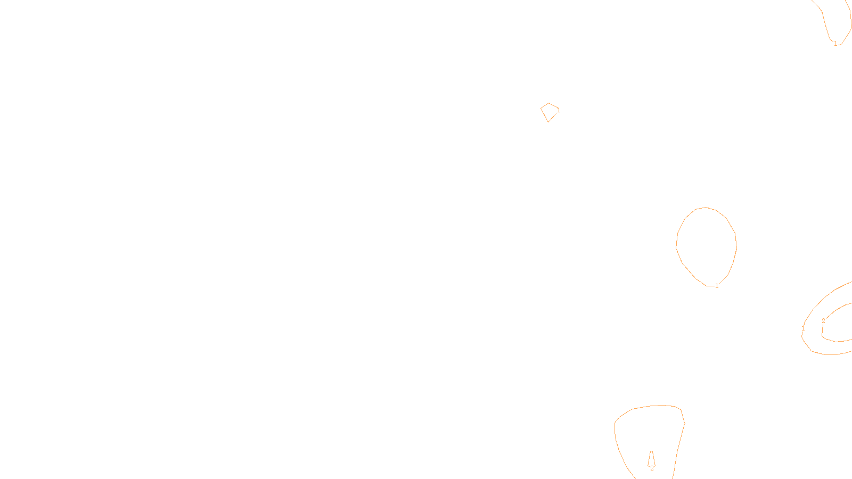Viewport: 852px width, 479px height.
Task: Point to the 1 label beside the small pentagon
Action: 559,111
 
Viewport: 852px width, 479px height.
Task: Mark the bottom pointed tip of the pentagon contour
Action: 548,122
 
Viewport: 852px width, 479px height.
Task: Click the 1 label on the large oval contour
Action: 717,286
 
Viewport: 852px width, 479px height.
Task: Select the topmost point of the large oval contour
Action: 706,207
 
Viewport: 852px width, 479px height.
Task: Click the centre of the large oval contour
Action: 706,246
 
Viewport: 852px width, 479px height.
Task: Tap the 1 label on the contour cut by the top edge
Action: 835,44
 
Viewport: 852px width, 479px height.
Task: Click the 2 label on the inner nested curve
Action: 823,321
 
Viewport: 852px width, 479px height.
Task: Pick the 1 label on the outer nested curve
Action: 804,328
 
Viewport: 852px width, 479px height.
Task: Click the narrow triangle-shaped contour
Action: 651,459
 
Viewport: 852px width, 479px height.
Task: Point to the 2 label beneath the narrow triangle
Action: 652,468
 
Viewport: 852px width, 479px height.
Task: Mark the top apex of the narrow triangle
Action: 651,451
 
